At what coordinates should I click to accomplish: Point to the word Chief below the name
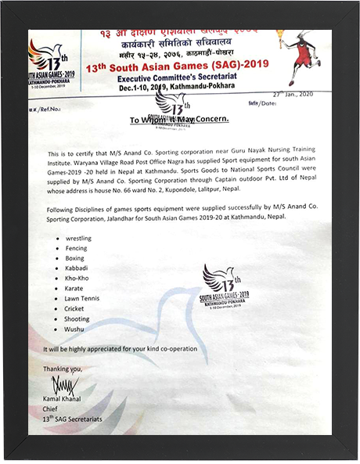(x=52, y=408)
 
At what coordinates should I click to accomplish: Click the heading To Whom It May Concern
(x=178, y=119)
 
